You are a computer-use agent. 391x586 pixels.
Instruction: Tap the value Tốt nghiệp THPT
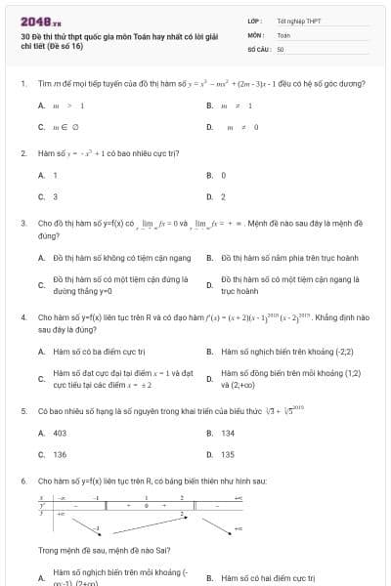pos(298,21)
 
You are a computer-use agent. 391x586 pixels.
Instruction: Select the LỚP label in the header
pos(253,21)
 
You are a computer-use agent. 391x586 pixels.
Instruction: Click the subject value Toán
pos(283,34)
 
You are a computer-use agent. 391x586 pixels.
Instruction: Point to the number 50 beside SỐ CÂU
pos(281,48)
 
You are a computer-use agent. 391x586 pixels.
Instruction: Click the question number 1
pos(22,84)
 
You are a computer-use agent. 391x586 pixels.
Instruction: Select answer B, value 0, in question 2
pos(223,175)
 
